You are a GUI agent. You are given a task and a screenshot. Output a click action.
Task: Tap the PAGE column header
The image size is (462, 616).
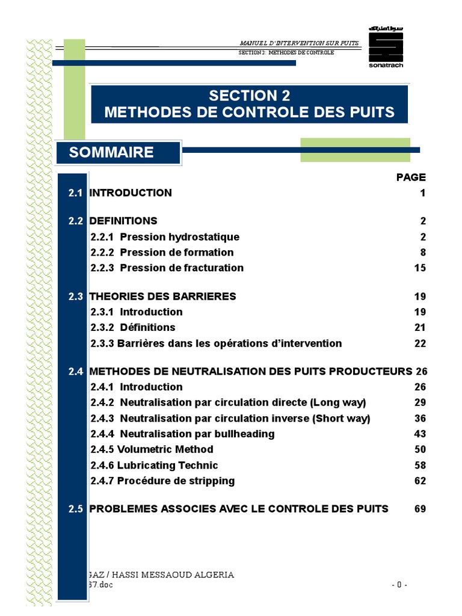(411, 177)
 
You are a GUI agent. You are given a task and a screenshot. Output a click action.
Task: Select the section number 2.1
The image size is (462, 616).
(75, 192)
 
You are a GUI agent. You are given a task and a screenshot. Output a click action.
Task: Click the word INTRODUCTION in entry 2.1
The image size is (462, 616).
(131, 192)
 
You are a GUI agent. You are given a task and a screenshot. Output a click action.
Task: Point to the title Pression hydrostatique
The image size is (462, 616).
(179, 237)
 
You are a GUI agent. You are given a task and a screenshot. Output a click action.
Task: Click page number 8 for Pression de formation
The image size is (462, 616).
(423, 252)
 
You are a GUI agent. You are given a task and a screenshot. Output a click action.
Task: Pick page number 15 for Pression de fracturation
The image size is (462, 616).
(420, 268)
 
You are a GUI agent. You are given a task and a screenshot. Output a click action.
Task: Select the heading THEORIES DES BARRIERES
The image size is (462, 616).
(162, 296)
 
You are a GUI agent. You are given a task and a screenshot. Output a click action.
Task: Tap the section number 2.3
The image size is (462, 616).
(75, 296)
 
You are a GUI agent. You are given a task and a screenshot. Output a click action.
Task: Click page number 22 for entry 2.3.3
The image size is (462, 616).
(420, 343)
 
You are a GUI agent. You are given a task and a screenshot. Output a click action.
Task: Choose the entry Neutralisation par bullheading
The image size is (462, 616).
(197, 434)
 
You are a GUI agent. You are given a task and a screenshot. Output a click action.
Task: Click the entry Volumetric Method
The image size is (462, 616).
(165, 449)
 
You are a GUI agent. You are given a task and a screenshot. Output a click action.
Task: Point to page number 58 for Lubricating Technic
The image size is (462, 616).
(420, 465)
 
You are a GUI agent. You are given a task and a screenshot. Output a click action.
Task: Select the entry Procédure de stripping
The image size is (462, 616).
(176, 481)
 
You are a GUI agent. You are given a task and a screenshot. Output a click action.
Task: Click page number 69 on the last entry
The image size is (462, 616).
(420, 508)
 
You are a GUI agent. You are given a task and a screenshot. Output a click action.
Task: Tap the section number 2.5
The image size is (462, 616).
(75, 508)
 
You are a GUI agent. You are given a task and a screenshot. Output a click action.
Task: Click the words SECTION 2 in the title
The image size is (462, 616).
(249, 96)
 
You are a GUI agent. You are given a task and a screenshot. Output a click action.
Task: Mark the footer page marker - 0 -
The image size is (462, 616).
(399, 585)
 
